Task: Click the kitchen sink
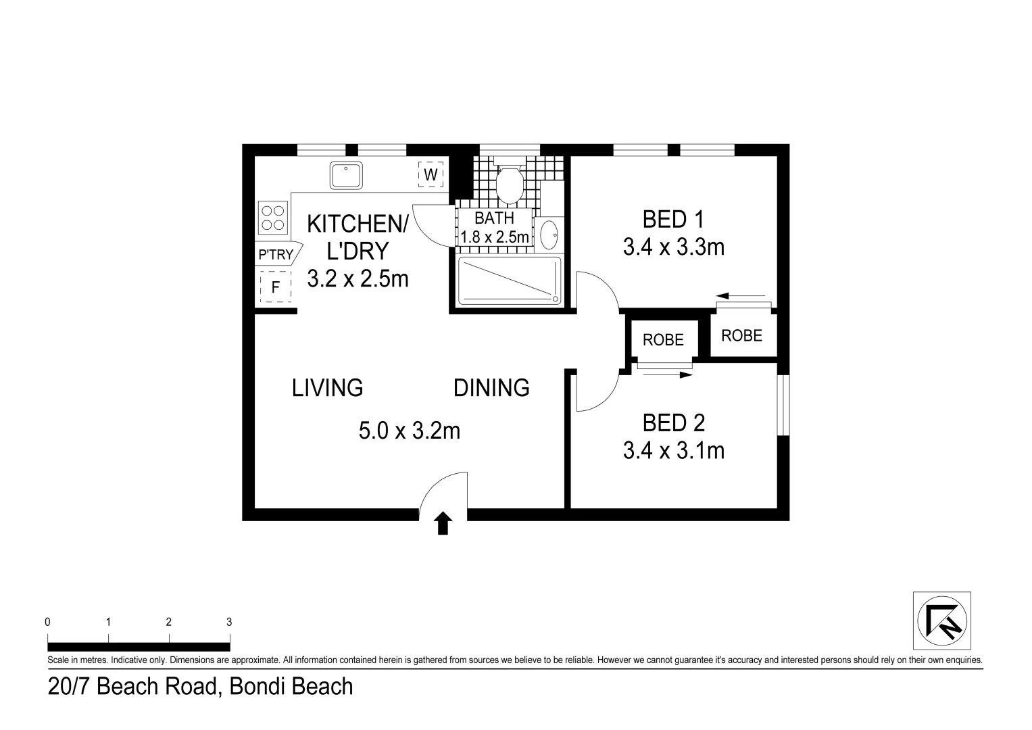pos(346,175)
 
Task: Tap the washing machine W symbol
pos(431,174)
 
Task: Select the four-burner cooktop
pos(273,218)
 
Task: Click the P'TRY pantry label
pos(276,254)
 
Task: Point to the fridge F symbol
pos(276,287)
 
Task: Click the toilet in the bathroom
pos(509,182)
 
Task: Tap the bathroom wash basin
pos(549,235)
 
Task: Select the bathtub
pos(510,281)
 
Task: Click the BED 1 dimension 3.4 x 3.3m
pos(674,247)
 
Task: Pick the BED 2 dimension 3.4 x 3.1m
pos(674,450)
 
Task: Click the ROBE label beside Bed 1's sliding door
pos(742,335)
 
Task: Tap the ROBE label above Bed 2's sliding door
pos(663,339)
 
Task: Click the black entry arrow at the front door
pos(443,523)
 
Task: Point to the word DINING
pos(491,388)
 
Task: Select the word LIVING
pos(328,388)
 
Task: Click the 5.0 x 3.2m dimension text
pos(410,431)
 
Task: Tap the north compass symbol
pos(941,620)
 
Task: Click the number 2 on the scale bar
pos(169,622)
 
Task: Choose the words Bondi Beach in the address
pos(291,686)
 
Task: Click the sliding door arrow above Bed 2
pos(668,374)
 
